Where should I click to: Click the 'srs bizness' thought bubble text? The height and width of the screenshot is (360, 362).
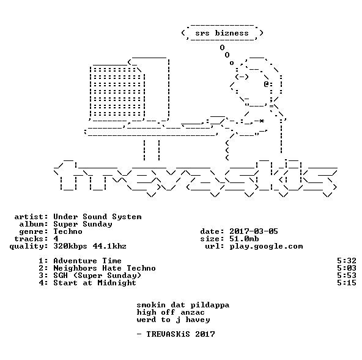pos(222,33)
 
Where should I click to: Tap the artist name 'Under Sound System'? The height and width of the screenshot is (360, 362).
pos(97,217)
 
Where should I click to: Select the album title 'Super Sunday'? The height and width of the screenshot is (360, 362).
pos(83,224)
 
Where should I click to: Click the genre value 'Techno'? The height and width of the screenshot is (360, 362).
pos(68,231)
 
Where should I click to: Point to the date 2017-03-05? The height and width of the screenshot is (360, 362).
pos(254,231)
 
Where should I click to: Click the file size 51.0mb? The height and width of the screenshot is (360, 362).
pos(244,239)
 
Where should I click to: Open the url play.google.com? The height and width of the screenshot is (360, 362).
pos(266,247)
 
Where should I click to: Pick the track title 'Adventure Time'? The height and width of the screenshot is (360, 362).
pos(87,261)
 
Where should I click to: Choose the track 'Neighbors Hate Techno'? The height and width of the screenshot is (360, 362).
pos(105,268)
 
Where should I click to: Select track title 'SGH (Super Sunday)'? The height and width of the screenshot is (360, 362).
pos(97,276)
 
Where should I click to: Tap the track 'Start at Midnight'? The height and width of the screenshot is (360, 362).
pos(95,283)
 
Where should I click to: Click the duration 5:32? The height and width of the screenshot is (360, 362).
pos(347,261)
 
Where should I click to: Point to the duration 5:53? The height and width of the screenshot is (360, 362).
pos(347,276)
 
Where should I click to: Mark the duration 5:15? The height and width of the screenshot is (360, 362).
pos(347,283)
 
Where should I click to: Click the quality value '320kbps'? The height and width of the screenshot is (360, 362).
pos(70,246)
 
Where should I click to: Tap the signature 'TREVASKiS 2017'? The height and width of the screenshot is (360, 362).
pos(180,334)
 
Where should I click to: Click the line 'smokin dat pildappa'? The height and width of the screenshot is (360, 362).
pos(183,305)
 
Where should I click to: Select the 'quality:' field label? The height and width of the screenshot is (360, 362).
pos(29,247)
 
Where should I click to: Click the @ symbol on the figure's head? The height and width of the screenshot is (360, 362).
pos(266,84)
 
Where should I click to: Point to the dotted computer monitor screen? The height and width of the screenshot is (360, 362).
pos(117,92)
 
